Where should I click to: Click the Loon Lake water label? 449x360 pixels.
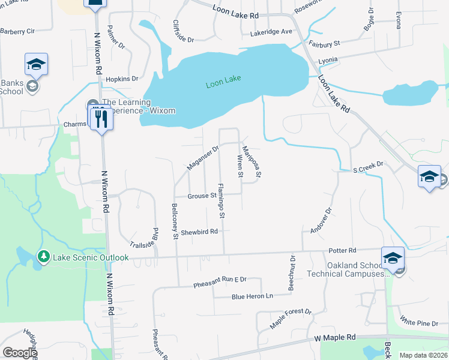[x=223, y=84]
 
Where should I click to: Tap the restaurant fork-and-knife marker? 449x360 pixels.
[x=100, y=118]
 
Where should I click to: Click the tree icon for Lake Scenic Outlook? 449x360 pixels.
[x=43, y=257]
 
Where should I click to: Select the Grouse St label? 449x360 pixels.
[x=202, y=196]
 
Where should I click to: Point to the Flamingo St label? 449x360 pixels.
[x=221, y=200]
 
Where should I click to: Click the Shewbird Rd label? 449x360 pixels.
[x=198, y=231]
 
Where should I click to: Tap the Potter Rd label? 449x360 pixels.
[x=342, y=250]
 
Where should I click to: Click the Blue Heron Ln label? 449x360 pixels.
[x=252, y=296]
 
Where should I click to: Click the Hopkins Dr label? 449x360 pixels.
[x=122, y=79]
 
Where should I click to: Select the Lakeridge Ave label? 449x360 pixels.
[x=271, y=31]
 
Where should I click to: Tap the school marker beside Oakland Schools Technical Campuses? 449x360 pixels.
[x=393, y=258]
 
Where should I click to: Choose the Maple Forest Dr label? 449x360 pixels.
[x=291, y=319]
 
